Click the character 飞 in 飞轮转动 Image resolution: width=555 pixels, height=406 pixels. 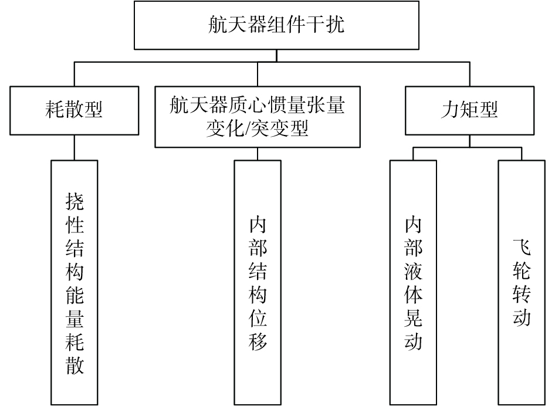pos(522,247)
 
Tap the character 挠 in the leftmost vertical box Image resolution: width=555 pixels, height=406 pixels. pos(75,201)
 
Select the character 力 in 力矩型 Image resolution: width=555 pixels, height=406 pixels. pos(450,110)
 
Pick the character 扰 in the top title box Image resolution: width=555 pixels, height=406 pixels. pos(335,25)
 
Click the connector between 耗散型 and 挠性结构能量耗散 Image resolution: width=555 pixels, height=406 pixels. pos(75,148)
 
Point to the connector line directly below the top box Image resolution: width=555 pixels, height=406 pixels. pos(276,56)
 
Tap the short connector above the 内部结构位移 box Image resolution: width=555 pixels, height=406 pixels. pos(258,154)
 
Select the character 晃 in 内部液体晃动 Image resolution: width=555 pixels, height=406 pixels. pos(414,318)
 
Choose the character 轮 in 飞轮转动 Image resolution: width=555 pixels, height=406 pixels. pos(522,271)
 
